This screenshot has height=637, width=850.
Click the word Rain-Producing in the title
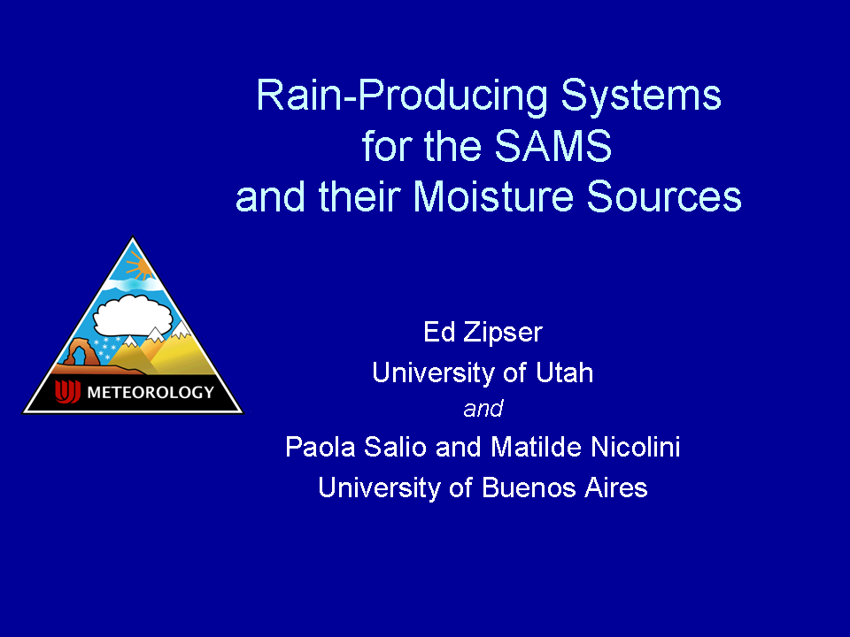(402, 96)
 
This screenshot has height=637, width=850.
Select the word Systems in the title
(641, 96)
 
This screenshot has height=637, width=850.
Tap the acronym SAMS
(552, 146)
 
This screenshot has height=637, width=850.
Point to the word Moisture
(493, 196)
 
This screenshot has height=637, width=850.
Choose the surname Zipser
(503, 333)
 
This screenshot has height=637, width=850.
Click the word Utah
(564, 372)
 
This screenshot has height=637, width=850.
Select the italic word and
(483, 409)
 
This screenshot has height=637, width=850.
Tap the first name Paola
(321, 447)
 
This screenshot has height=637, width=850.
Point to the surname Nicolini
(636, 447)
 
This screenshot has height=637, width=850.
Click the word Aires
(616, 487)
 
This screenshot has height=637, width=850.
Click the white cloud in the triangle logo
(133, 316)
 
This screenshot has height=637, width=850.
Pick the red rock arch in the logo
(81, 352)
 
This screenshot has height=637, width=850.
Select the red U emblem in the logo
(67, 391)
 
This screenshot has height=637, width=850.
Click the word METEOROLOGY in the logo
(151, 392)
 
